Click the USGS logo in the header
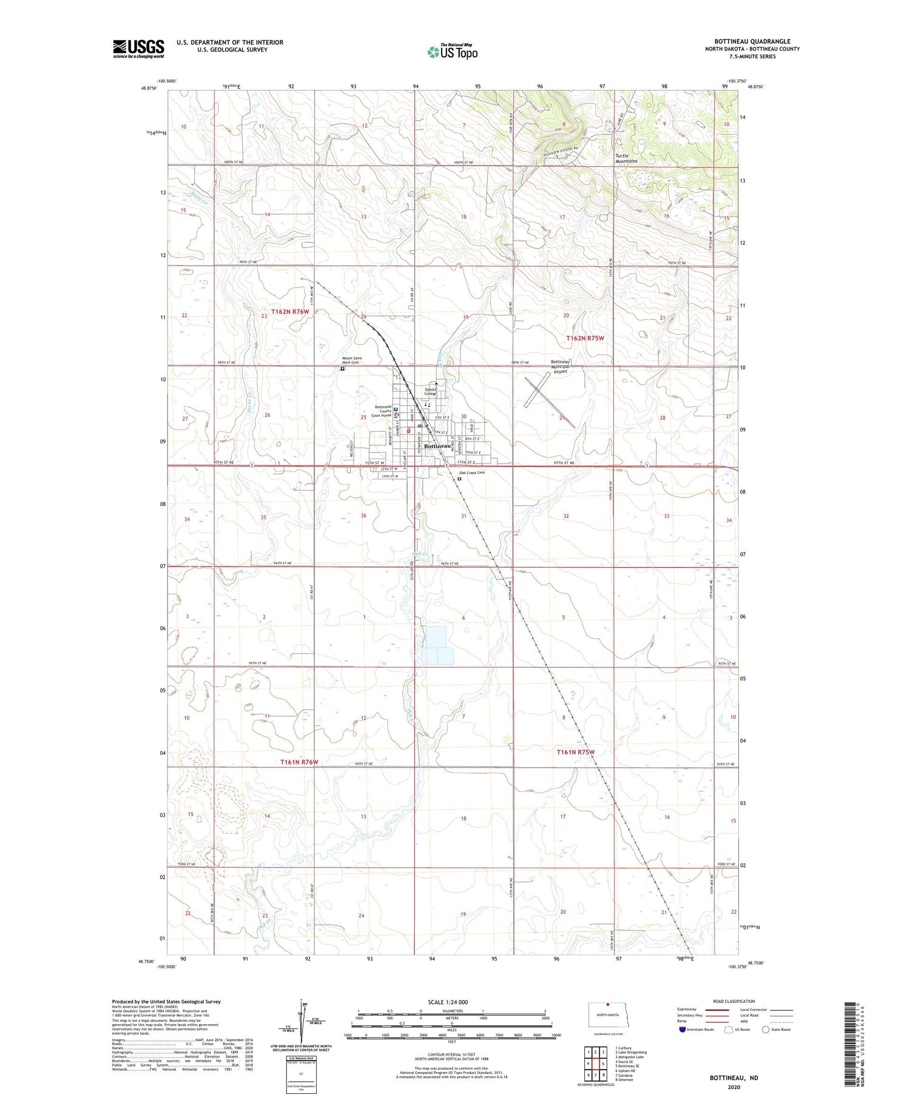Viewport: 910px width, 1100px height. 138,49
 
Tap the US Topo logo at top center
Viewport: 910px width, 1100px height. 453,52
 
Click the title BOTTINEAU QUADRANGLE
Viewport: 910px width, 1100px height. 752,42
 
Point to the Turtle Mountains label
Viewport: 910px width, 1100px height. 627,159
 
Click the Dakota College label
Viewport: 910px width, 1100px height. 430,391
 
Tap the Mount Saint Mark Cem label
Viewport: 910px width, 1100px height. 352,360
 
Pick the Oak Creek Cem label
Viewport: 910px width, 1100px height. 472,473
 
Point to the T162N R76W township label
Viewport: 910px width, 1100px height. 290,311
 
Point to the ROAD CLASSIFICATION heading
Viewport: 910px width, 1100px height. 734,1001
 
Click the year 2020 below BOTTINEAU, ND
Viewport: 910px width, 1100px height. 733,1087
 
